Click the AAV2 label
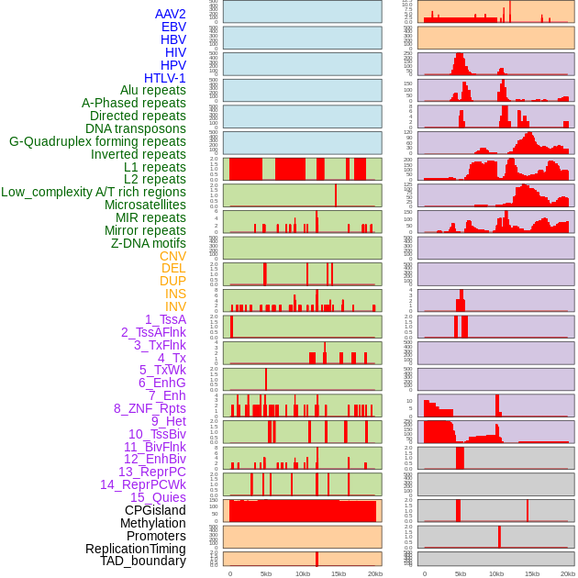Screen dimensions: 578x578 tap(171, 14)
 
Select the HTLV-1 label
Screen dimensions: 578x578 tap(165, 78)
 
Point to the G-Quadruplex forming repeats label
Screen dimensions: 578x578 tap(97, 141)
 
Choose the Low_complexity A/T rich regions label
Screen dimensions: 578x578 tap(94, 192)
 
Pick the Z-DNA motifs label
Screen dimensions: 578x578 tap(149, 243)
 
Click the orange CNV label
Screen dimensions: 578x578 tap(172, 256)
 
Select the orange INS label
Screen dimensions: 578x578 tap(175, 294)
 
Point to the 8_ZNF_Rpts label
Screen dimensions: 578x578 tap(150, 408)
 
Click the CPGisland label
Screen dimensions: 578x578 tap(155, 510)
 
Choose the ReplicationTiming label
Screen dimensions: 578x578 tap(136, 549)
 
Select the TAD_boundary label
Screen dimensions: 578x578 tap(143, 561)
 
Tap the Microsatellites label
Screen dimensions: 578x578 tap(145, 205)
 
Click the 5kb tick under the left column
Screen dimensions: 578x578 tap(266, 573)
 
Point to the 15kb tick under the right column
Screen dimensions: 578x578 tap(532, 573)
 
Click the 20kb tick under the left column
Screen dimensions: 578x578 tap(374, 573)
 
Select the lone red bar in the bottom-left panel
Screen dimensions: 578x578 tap(317, 559)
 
